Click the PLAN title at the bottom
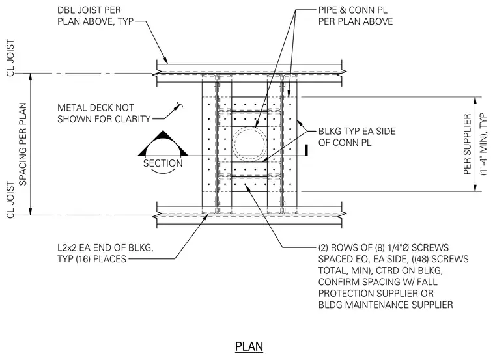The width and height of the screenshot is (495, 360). click(249, 346)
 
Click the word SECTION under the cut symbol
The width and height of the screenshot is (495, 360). click(163, 163)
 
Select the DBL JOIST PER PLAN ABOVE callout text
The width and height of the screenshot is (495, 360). click(96, 16)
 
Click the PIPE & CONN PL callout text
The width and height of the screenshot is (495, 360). click(356, 16)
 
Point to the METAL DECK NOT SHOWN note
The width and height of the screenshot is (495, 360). click(104, 113)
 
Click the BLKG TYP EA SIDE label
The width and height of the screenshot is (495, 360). click(357, 137)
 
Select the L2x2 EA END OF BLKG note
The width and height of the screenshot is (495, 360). click(106, 253)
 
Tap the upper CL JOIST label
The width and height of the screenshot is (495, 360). click(10, 58)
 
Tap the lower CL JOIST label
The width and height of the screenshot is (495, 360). click(10, 199)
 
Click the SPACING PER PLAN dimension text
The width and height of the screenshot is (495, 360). click(23, 144)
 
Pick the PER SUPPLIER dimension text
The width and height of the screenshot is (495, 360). click(467, 144)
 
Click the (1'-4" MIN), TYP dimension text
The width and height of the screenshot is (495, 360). click(483, 144)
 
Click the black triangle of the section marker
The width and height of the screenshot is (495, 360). click(163, 143)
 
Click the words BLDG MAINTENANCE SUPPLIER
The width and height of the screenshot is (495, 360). click(386, 305)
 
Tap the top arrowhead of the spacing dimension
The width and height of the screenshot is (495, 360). click(31, 77)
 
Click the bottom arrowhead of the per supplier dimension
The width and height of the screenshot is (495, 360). click(475, 187)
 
